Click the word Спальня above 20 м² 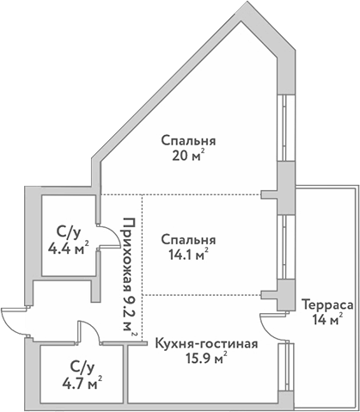pos(187,141)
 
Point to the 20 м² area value pos(188,157)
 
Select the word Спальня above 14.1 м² pos(187,239)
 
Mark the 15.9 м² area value pos(206,360)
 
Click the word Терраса pos(324,304)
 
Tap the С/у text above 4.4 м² pos(68,232)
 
